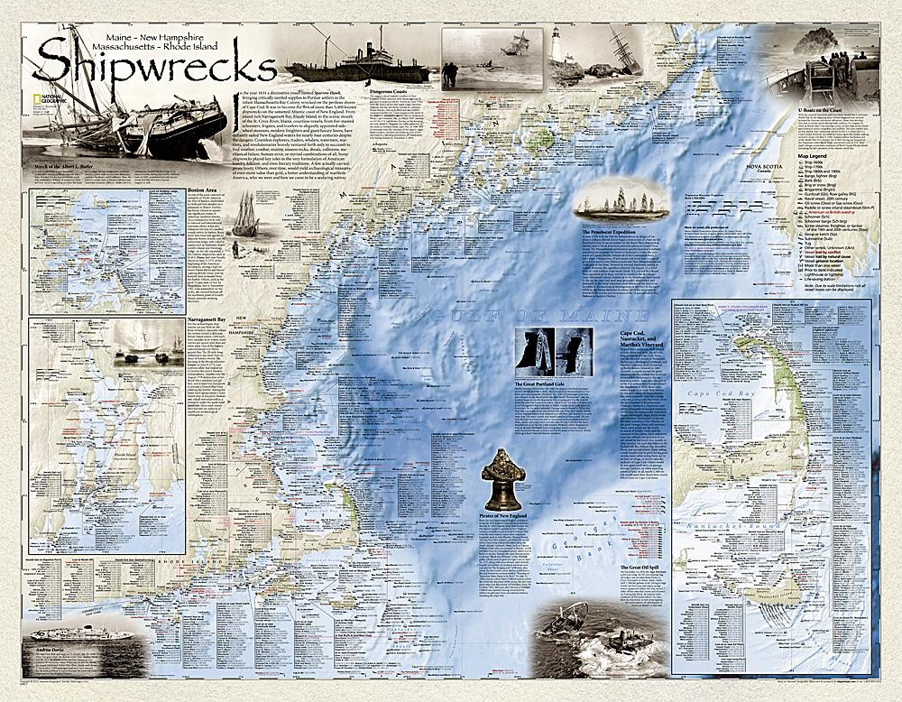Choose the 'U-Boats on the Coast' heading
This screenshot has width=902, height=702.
coord(826,108)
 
